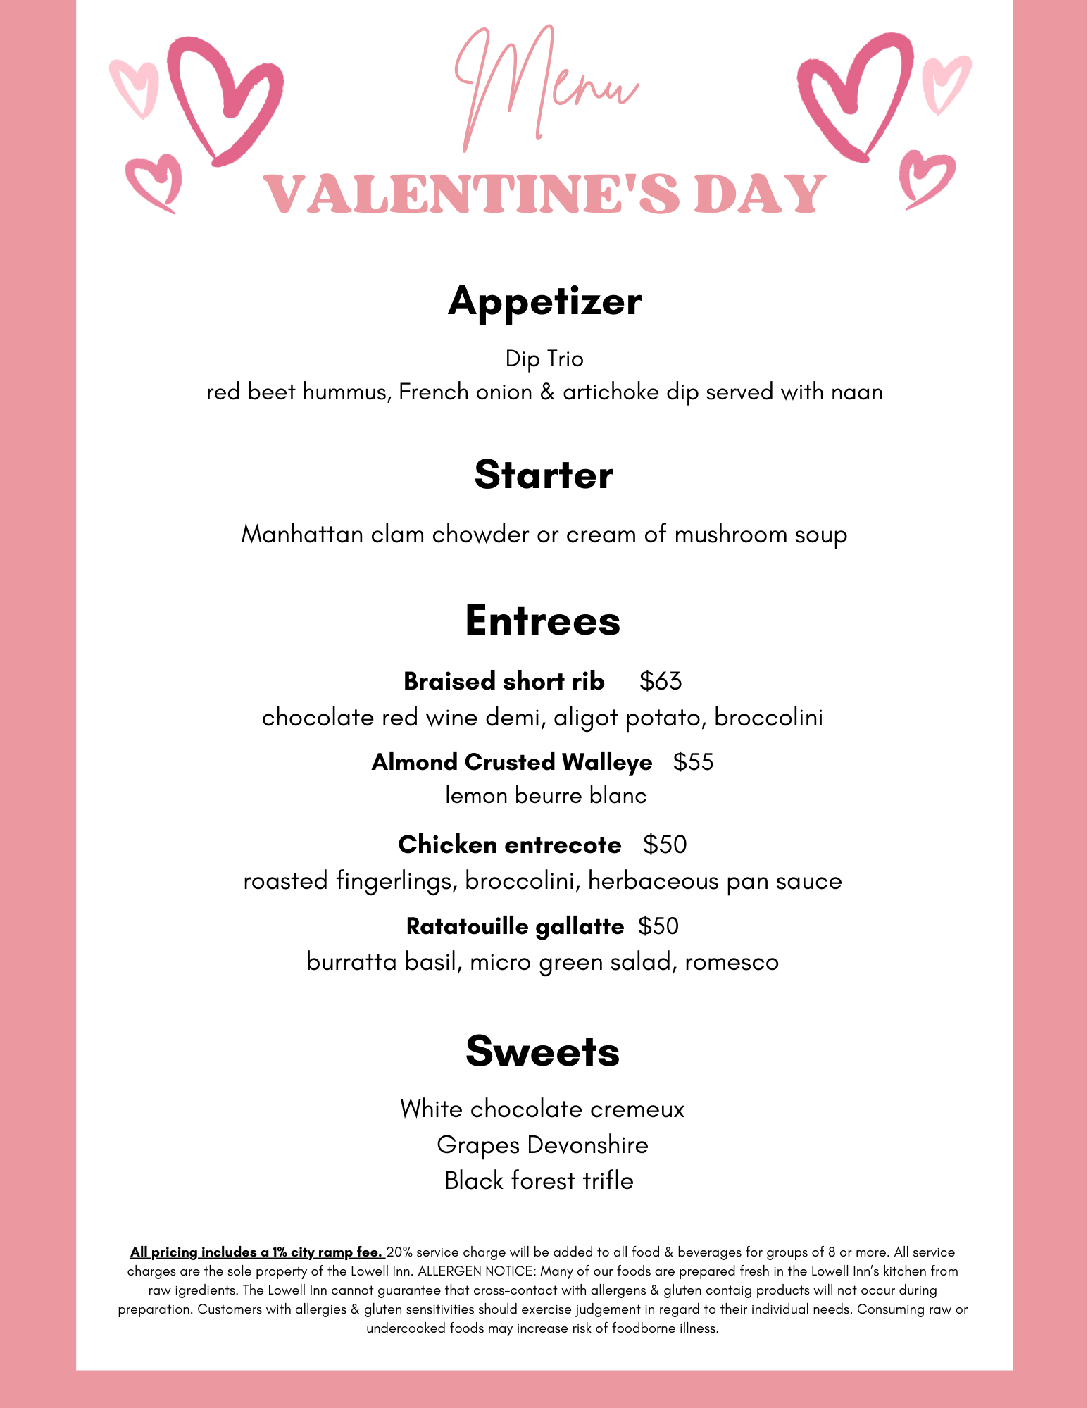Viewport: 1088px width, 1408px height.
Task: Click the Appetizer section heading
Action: (544, 301)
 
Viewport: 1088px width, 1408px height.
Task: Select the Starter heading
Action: (544, 475)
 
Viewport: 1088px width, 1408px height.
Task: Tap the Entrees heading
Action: (542, 621)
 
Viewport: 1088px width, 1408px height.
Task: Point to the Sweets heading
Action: (542, 1051)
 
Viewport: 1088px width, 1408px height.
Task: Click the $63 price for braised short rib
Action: (661, 681)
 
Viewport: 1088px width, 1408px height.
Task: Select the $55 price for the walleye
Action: (693, 762)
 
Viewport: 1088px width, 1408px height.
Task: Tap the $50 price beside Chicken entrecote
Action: (665, 845)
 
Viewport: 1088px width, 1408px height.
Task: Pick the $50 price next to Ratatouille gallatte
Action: (658, 926)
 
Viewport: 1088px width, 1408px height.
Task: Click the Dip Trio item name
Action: (544, 359)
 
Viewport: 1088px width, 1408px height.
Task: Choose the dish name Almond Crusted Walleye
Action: (512, 762)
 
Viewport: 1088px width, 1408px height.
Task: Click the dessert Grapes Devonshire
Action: (542, 1145)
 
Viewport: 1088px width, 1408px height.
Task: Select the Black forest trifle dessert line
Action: (539, 1180)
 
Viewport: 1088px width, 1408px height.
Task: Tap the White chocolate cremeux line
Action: (542, 1109)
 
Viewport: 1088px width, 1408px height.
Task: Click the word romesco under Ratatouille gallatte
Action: (732, 962)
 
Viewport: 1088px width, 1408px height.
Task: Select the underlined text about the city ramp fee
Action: (256, 1252)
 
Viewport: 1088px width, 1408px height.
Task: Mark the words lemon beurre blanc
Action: (546, 796)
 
